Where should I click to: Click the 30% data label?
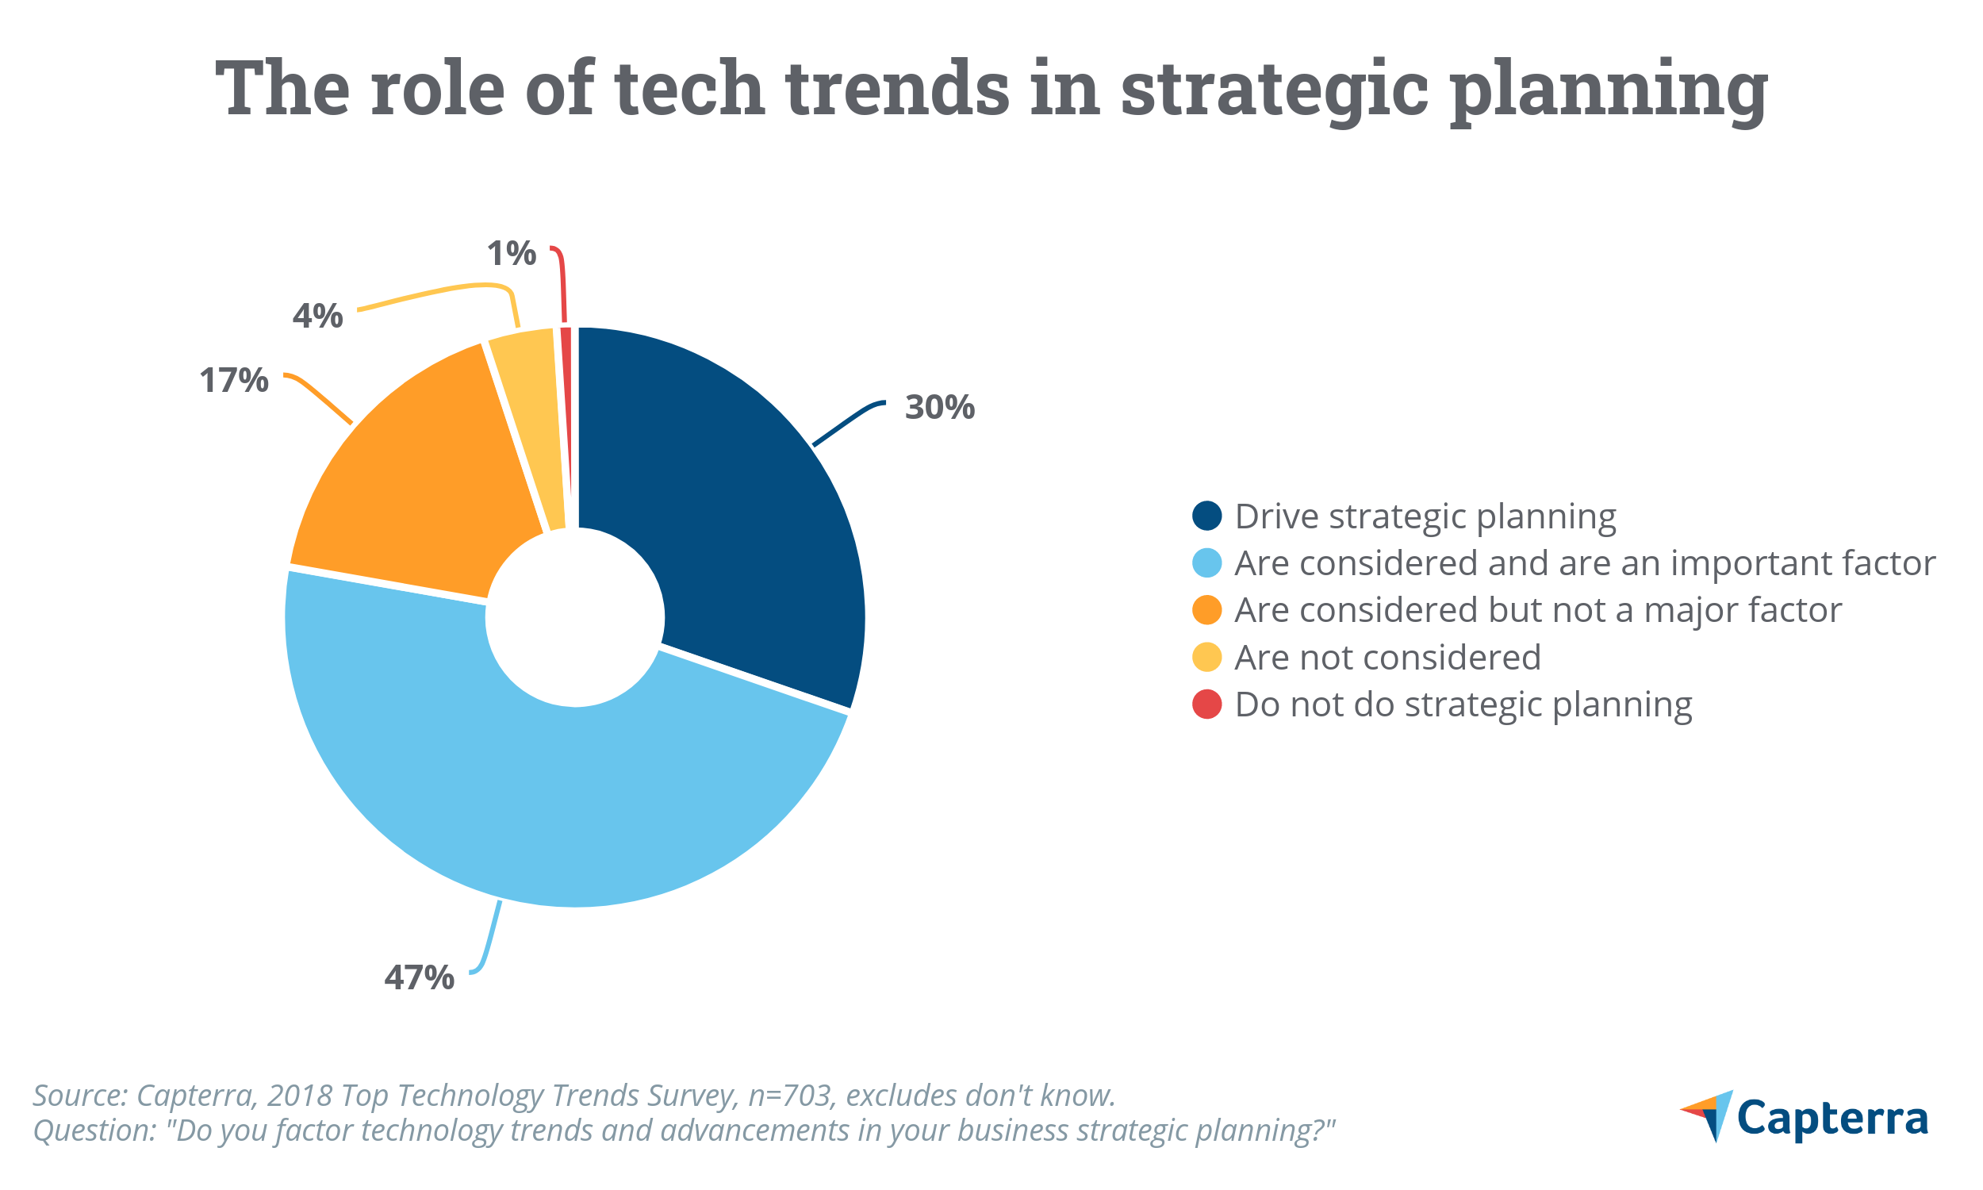point(939,407)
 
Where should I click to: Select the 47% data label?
point(419,977)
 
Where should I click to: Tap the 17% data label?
point(233,380)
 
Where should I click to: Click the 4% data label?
point(317,316)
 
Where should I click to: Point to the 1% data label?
point(511,253)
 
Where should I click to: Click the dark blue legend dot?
point(1206,516)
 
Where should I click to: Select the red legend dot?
point(1206,704)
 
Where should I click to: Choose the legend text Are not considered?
point(1387,658)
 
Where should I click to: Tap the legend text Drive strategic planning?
point(1425,516)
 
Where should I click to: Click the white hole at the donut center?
point(575,617)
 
